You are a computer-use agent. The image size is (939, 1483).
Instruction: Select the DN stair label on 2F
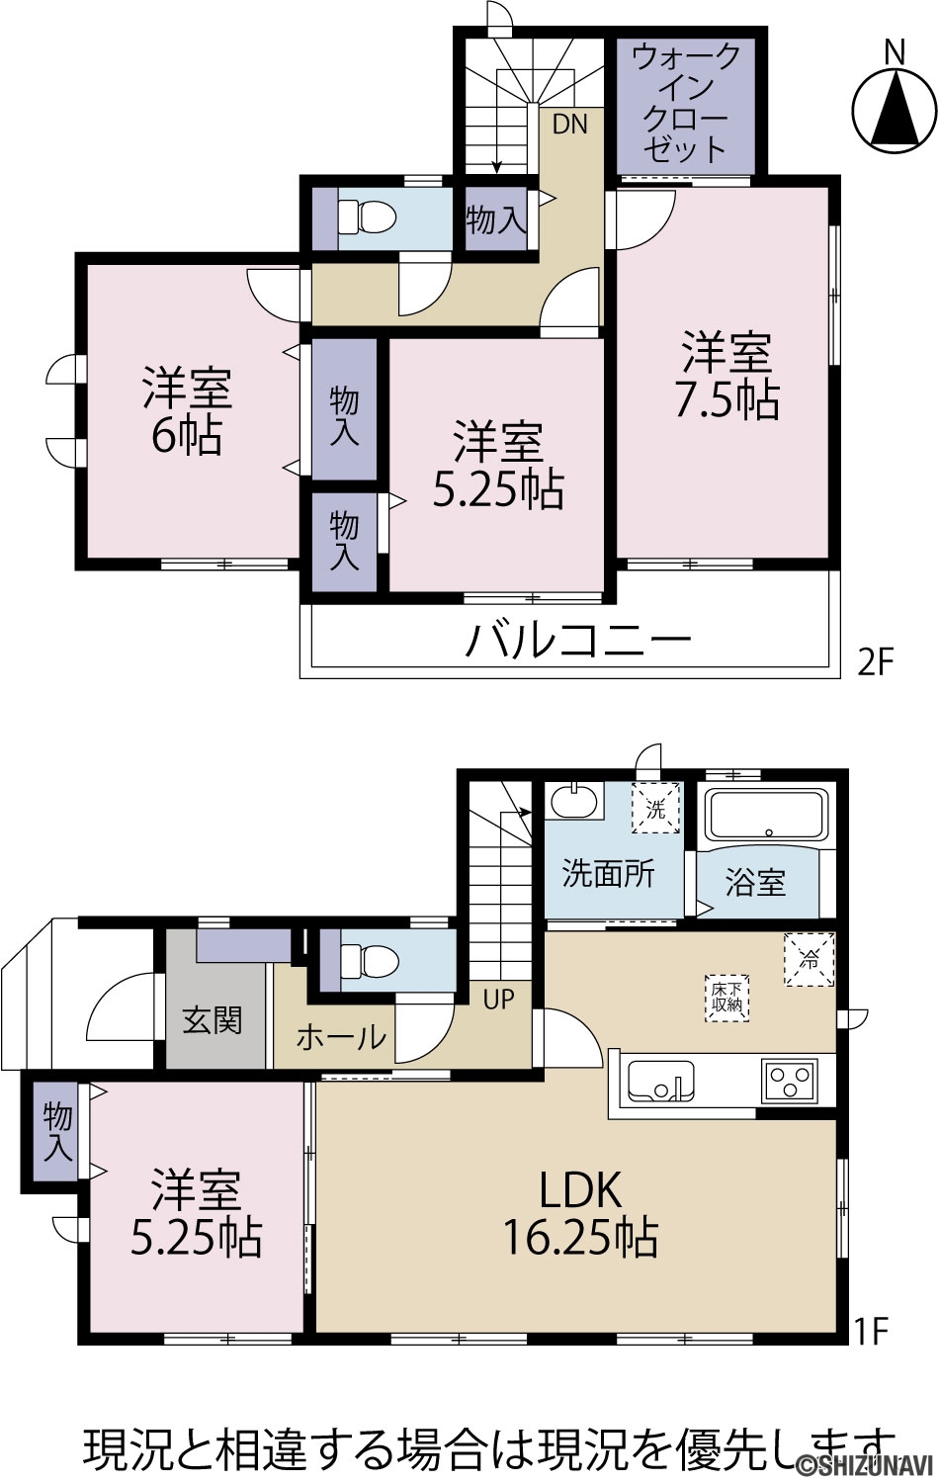tap(569, 124)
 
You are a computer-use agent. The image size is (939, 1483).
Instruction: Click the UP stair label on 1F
tap(498, 999)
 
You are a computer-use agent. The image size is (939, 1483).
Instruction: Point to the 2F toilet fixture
tap(367, 217)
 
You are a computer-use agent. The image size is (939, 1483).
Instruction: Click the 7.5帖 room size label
tap(727, 399)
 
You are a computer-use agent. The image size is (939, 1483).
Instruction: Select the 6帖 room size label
tap(187, 435)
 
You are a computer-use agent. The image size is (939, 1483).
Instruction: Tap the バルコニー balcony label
tap(578, 639)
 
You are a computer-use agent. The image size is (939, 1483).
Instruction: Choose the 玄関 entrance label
tap(213, 1020)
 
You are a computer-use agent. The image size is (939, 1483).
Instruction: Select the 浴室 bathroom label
tap(755, 882)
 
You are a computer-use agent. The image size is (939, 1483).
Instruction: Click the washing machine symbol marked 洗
tap(655, 809)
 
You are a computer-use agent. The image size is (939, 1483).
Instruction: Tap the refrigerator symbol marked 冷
tap(810, 959)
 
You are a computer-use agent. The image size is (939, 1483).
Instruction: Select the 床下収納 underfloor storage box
tap(726, 998)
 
